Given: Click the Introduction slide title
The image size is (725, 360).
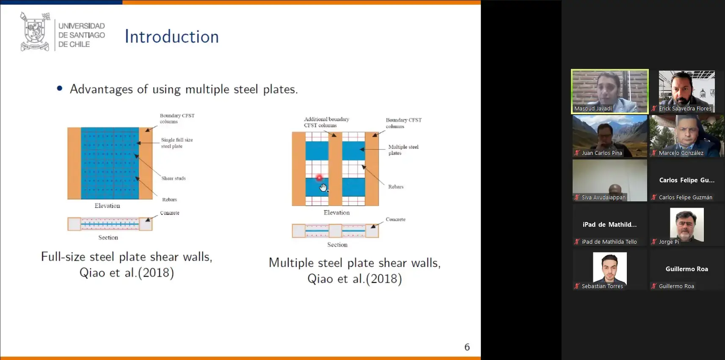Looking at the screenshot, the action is point(172,36).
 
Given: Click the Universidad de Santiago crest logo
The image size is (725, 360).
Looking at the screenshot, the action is point(35,31).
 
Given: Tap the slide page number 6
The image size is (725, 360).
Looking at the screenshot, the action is point(467,347).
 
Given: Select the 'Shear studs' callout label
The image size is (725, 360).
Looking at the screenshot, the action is point(174,178).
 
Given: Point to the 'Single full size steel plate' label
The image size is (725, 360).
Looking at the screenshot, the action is point(177,143).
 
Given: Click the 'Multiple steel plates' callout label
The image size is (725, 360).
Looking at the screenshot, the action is point(403,150).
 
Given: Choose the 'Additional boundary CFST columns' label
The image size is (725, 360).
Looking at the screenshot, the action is point(326,122).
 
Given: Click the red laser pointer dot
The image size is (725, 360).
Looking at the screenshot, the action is point(319,178).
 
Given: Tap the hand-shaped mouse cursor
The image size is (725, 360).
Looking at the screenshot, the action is point(323,187).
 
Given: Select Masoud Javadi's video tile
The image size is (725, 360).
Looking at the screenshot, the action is point(609,91).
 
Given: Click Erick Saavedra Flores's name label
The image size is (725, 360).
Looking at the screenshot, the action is point(685,109).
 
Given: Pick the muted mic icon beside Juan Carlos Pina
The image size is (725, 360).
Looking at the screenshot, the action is point(577,153).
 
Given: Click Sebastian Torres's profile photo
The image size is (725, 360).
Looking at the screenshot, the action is point(609,268).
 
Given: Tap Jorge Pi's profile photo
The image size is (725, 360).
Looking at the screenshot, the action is point(686,225).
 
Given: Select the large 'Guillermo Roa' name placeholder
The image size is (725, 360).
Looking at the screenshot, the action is point(686,269).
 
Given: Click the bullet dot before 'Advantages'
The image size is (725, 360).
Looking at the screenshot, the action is point(60,88).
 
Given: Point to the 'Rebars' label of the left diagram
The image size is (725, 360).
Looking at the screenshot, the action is point(169,200).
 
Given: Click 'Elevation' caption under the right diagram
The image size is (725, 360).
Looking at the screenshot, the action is point(336,212).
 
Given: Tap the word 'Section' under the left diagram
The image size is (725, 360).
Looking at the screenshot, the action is point(108,237).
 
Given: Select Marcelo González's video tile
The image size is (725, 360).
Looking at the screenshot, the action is point(686,136).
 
